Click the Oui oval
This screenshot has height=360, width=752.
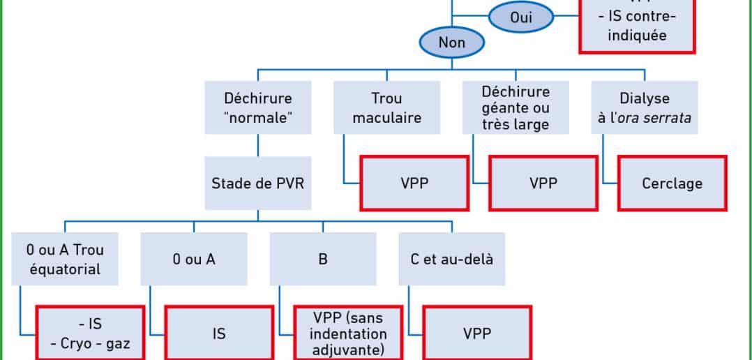(x=521, y=17)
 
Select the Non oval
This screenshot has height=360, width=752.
(x=451, y=43)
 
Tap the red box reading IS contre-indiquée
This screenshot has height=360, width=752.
(x=637, y=27)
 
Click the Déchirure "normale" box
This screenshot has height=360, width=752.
(x=258, y=107)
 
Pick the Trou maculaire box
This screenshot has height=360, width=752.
(x=386, y=107)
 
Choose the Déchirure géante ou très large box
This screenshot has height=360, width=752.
(x=516, y=107)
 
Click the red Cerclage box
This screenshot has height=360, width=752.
(x=672, y=183)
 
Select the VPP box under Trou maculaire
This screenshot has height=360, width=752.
(x=414, y=183)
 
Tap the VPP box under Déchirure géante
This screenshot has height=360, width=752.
(x=543, y=183)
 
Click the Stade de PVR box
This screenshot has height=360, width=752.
(x=258, y=183)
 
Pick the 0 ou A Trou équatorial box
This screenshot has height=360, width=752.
(x=65, y=259)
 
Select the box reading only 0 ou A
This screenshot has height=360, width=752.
(x=194, y=259)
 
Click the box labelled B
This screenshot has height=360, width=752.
(x=323, y=259)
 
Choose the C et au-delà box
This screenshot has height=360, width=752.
(x=451, y=259)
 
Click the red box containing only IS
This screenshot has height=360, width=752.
(x=218, y=333)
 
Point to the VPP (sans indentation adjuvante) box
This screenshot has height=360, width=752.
(x=348, y=333)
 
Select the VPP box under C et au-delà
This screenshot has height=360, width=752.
(x=477, y=333)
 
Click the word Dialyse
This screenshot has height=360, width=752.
(x=645, y=98)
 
